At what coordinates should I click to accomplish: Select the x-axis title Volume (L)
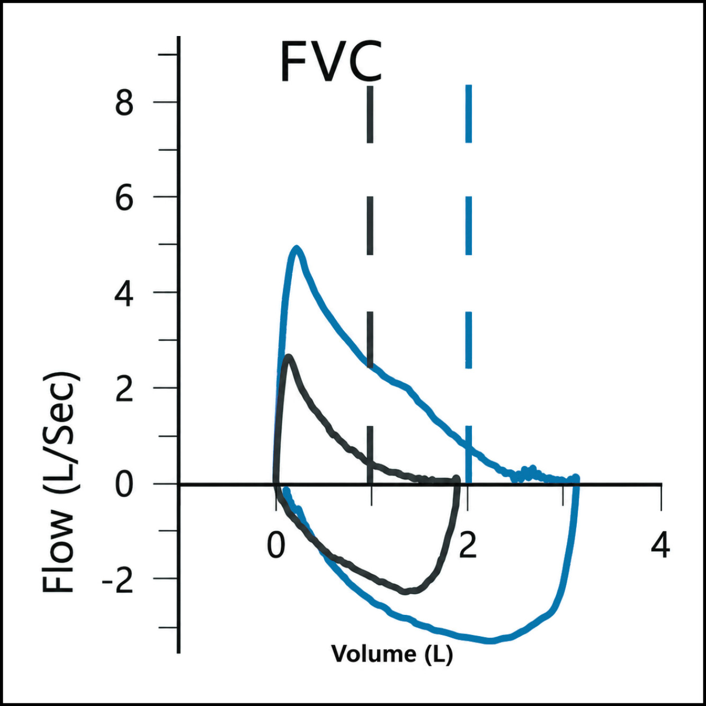click(392, 654)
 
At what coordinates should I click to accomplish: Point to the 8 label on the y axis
click(124, 103)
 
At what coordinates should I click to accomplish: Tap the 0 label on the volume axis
click(275, 546)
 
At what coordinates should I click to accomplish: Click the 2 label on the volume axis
click(468, 546)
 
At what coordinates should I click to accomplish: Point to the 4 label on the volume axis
click(660, 546)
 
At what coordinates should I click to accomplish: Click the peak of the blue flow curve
click(297, 248)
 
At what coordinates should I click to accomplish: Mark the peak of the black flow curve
click(289, 356)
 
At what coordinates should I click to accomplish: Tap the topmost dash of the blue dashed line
click(469, 113)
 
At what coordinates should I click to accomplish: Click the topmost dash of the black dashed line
click(370, 114)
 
